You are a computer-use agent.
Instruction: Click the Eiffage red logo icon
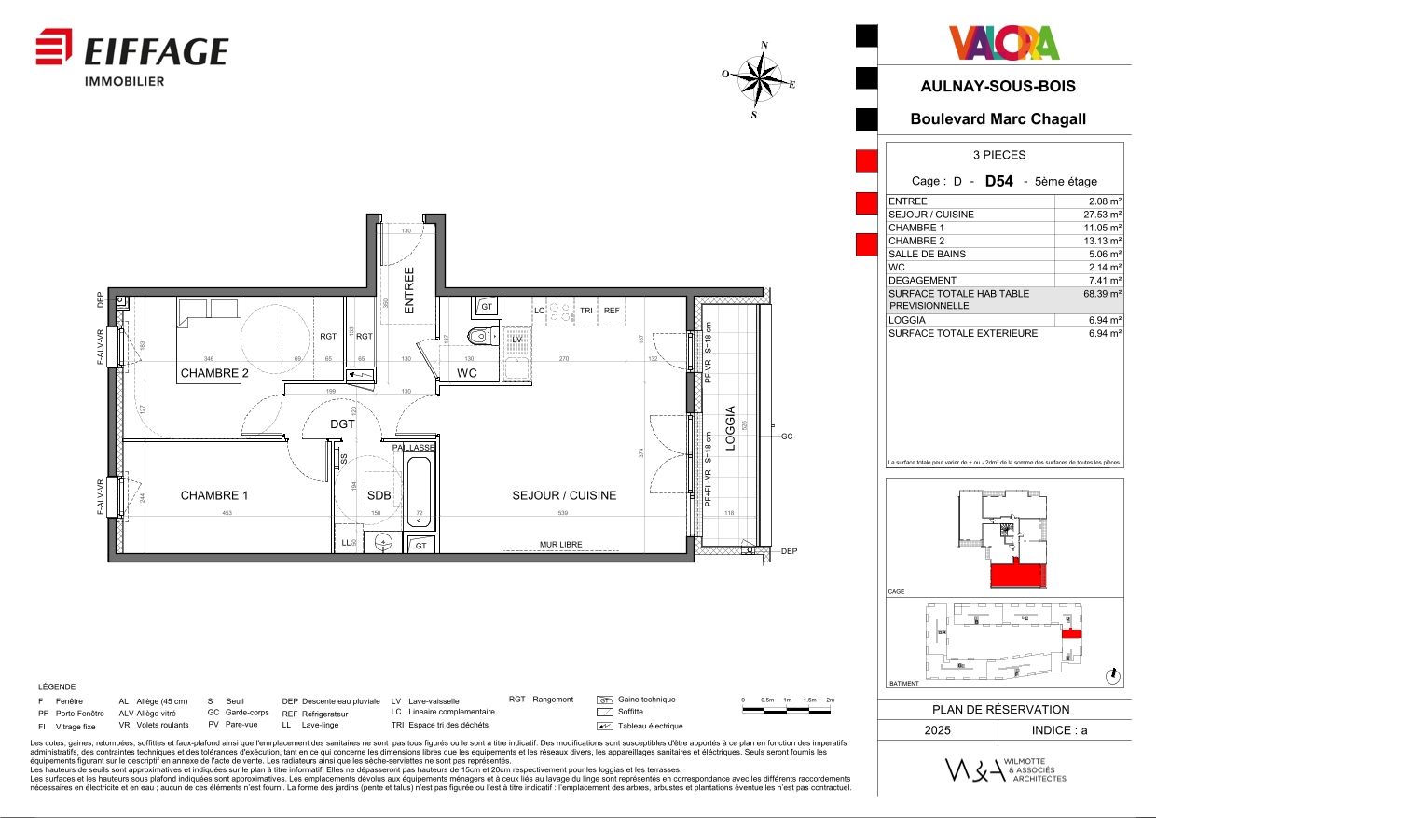tap(54, 47)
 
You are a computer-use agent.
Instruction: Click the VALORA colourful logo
tap(1004, 43)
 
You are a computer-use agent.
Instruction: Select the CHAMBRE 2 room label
tap(214, 373)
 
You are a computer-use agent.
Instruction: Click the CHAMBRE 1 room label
tap(214, 495)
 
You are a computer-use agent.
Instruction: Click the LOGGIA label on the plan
tap(731, 428)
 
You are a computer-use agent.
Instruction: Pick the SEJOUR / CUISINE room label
tap(564, 495)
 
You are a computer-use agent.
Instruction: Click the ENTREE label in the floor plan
tap(408, 289)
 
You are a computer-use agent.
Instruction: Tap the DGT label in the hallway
tap(342, 423)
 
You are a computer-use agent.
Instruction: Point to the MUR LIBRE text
tap(560, 545)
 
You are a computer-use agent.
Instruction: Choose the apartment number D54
tap(998, 181)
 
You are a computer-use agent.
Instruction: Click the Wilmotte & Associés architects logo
tap(1004, 770)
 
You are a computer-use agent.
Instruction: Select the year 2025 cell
tap(937, 730)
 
